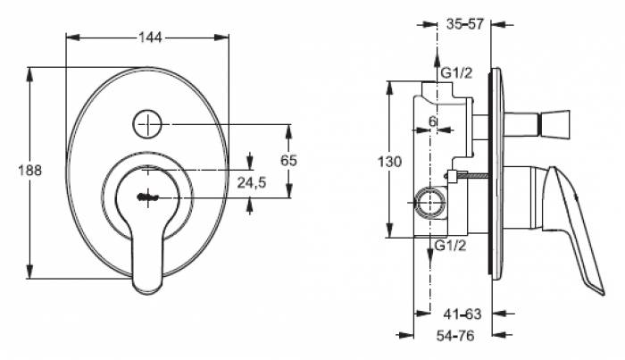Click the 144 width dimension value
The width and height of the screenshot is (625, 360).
(150, 38)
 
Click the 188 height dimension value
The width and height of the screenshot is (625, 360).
(29, 171)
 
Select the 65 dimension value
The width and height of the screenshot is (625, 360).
(288, 160)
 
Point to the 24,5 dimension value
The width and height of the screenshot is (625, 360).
(252, 182)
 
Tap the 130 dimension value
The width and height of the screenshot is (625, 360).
(390, 162)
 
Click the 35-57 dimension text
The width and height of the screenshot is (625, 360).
(465, 24)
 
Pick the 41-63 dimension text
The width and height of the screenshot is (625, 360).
(462, 314)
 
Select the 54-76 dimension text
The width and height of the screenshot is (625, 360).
(455, 336)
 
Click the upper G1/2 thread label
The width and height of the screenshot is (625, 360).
(456, 73)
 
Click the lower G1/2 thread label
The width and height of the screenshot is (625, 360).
(450, 246)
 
